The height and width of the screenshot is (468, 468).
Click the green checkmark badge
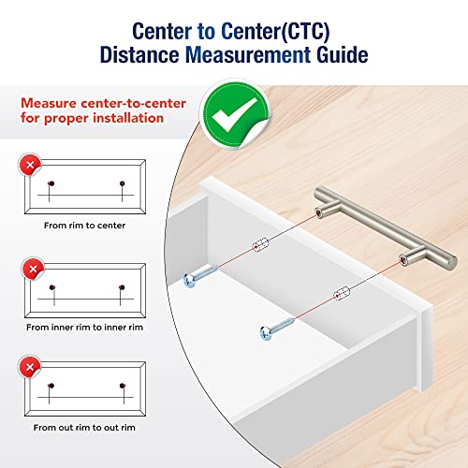pyautogui.click(x=236, y=114)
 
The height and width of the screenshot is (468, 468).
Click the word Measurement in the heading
pyautogui.click(x=248, y=55)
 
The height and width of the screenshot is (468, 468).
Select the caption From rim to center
pyautogui.click(x=84, y=226)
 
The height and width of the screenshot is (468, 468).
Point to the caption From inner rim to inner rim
pyautogui.click(x=84, y=328)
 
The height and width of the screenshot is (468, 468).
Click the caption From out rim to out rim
pyautogui.click(x=84, y=428)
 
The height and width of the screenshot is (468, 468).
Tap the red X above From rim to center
pyautogui.click(x=30, y=165)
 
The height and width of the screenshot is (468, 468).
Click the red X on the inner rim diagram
pyautogui.click(x=33, y=269)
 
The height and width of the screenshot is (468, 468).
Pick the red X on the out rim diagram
pyautogui.click(x=30, y=367)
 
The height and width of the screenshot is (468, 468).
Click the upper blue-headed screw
pyautogui.click(x=200, y=275)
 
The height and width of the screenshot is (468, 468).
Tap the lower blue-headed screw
pyautogui.click(x=276, y=329)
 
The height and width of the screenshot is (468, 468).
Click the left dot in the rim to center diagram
pyautogui.click(x=51, y=183)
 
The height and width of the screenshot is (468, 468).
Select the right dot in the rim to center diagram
pyautogui.click(x=123, y=183)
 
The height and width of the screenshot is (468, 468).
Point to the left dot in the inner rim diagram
pyautogui.click(x=52, y=287)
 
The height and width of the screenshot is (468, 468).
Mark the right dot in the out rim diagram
pyautogui.click(x=123, y=386)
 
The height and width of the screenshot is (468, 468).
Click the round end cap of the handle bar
pyautogui.click(x=452, y=261)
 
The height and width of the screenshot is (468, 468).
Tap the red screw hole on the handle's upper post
pyautogui.click(x=318, y=213)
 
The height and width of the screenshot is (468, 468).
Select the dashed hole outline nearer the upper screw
pyautogui.click(x=260, y=244)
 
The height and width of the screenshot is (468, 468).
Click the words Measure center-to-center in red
pyautogui.click(x=103, y=103)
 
